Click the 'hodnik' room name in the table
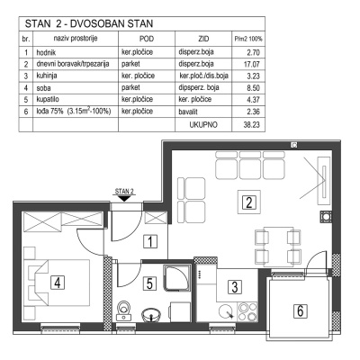49,54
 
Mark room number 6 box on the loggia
301,310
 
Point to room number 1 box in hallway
153,240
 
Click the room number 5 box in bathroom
151,283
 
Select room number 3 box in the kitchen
233,287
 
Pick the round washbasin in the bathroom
153,314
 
